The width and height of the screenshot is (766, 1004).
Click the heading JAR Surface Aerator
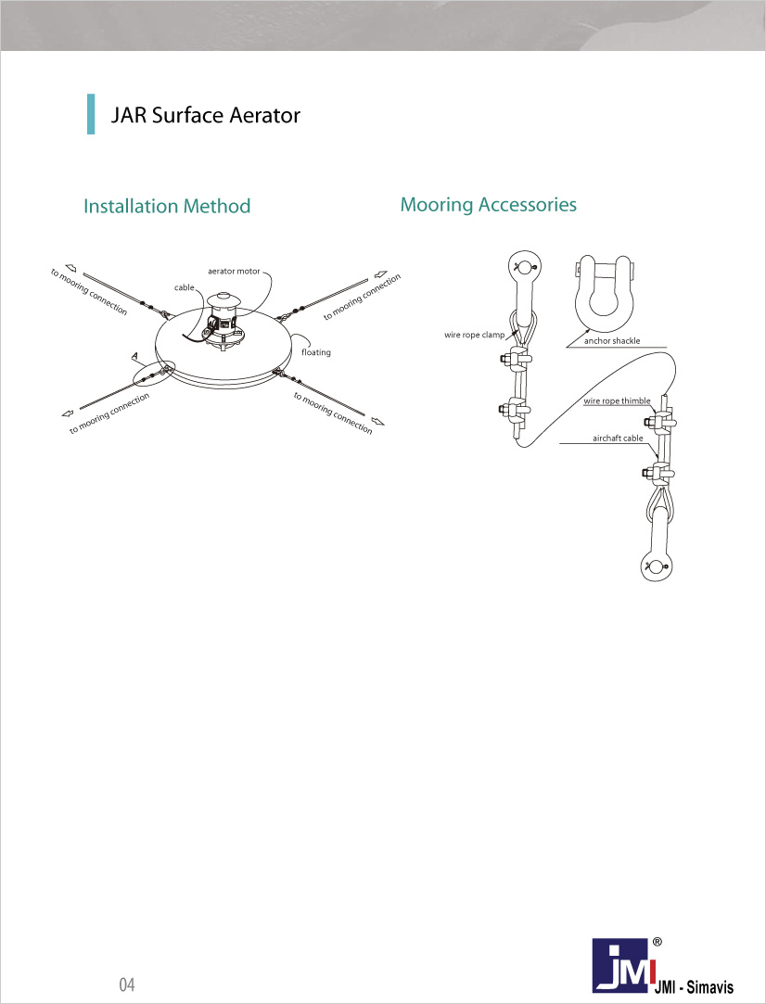pos(206,115)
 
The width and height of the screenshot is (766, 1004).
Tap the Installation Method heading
pos(167,206)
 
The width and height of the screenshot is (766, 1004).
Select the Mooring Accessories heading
pos(488,205)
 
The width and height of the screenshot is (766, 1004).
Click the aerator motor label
pos(234,272)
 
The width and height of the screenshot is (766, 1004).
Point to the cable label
pos(184,287)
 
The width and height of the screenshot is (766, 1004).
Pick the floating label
pos(316,352)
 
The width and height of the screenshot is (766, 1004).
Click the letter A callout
pos(134,355)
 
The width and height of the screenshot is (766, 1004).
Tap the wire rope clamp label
pos(475,335)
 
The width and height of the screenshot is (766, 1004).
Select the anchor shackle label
pos(612,341)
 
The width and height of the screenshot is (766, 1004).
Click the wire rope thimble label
pos(617,401)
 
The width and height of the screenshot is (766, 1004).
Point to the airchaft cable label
pos(618,438)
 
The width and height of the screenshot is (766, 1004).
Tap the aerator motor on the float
pos(223,321)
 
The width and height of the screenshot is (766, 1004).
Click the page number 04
pos(127,985)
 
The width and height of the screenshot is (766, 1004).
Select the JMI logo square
pos(620,964)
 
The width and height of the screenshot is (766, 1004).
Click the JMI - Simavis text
pos(694,986)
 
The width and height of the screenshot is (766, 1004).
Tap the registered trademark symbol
pos(657,942)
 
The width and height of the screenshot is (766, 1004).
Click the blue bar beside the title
pos(91,114)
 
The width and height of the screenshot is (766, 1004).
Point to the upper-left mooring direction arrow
pos(70,268)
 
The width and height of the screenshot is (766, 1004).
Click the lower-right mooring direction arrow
pos(378,421)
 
